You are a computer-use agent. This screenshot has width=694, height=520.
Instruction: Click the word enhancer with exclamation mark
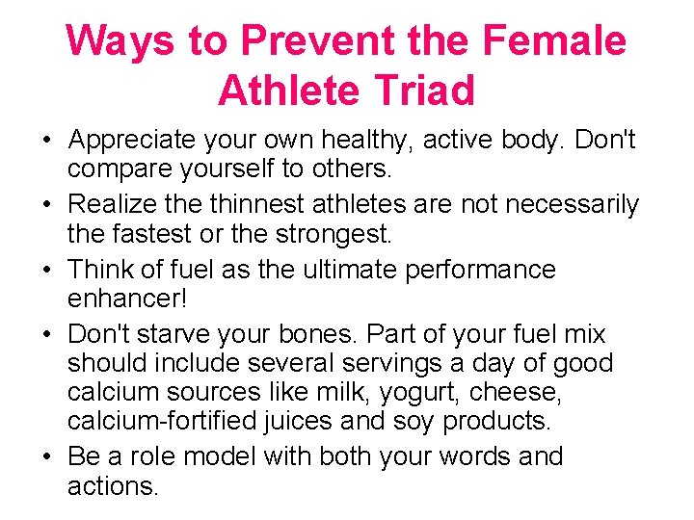[x=125, y=299]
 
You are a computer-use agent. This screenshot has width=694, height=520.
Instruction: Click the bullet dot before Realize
[x=45, y=206]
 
